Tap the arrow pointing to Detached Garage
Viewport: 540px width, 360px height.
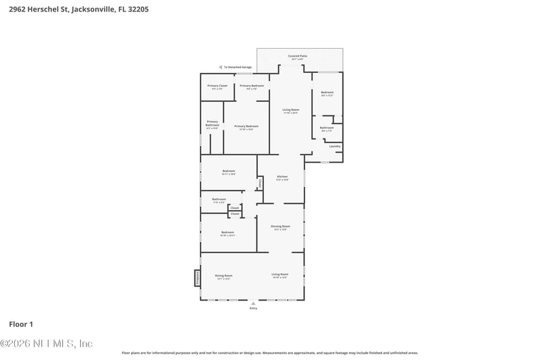[x=220, y=68]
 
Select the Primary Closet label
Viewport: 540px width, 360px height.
[x=217, y=86]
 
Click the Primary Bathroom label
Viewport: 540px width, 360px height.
[x=213, y=124]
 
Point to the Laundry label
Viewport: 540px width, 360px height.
[x=334, y=146]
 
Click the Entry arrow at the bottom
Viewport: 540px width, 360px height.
[x=253, y=303]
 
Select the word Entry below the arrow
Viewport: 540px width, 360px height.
[x=253, y=308]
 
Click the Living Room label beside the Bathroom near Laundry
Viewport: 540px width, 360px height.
[x=290, y=110]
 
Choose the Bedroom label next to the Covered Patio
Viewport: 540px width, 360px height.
[x=327, y=93]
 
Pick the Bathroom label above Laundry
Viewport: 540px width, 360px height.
[x=327, y=128]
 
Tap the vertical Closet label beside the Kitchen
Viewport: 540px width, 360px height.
[x=260, y=183]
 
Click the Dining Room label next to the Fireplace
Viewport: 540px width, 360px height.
[x=223, y=276]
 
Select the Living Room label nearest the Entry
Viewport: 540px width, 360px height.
[x=279, y=275]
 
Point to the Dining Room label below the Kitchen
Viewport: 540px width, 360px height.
[x=280, y=227]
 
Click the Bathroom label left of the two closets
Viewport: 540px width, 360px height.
[x=219, y=200]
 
